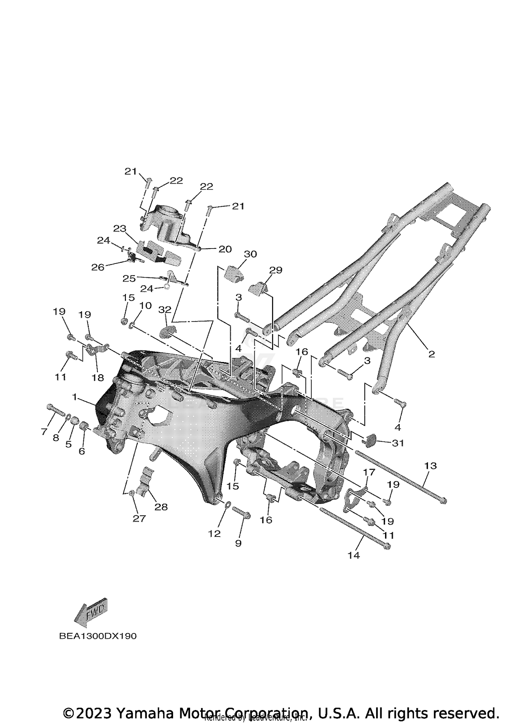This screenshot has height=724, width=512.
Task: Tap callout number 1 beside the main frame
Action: click(x=74, y=396)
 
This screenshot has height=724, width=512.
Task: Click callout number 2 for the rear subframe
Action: click(x=431, y=354)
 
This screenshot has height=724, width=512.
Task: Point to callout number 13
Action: click(x=431, y=466)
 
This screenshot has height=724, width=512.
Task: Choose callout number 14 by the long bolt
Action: click(x=354, y=556)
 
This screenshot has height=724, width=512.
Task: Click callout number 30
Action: click(x=250, y=254)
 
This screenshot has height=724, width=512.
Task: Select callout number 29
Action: click(x=276, y=270)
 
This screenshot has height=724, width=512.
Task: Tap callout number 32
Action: click(x=165, y=310)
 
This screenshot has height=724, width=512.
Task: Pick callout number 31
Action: click(x=398, y=443)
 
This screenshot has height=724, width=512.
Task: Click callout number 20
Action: click(x=225, y=249)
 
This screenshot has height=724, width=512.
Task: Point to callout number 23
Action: click(x=120, y=228)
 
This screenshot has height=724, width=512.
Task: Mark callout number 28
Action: click(x=161, y=507)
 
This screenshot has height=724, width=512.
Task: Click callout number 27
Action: click(x=139, y=519)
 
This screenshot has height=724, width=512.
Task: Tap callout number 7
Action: click(x=44, y=432)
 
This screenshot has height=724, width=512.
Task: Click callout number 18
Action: click(x=98, y=377)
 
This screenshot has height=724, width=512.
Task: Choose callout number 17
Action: click(x=369, y=472)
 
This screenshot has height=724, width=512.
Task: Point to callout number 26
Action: click(x=98, y=268)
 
